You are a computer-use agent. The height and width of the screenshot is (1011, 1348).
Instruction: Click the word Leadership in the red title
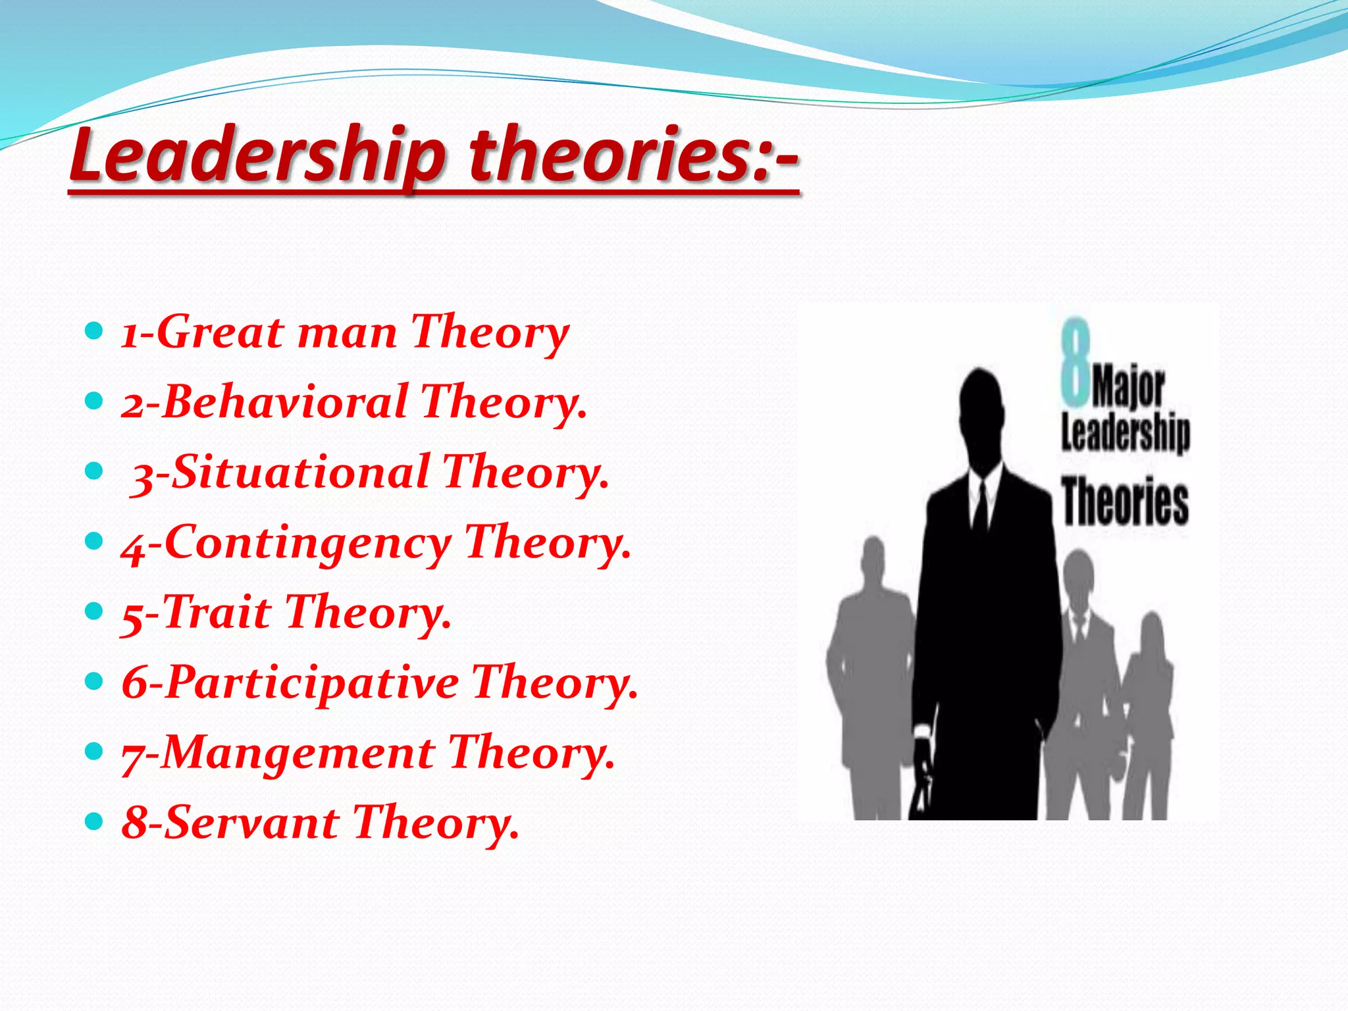pos(257,155)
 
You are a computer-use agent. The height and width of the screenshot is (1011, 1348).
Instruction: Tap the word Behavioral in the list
pos(283,402)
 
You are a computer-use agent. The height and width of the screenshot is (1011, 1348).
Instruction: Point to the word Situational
pos(299,473)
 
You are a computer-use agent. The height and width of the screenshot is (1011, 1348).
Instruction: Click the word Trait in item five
pos(217,613)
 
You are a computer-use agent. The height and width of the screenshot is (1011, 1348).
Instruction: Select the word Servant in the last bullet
pos(250,823)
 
